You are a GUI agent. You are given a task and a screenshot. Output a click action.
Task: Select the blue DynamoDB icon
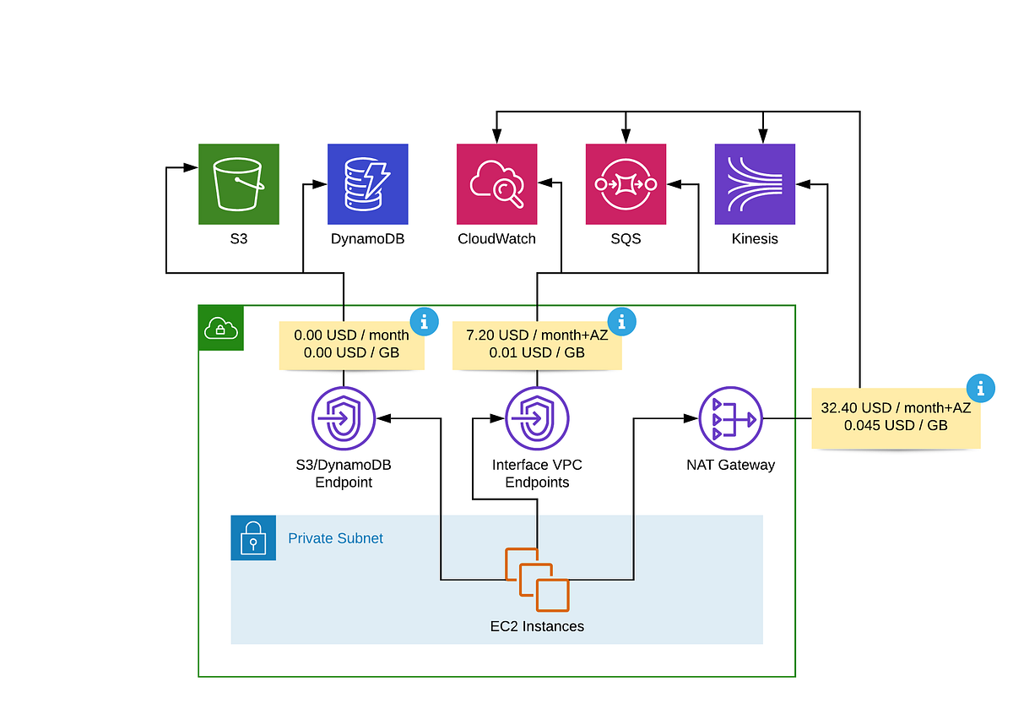pyautogui.click(x=367, y=183)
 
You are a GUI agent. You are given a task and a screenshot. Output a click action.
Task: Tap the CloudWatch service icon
pyautogui.click(x=496, y=183)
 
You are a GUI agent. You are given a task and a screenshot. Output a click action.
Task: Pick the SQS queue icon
pyautogui.click(x=626, y=183)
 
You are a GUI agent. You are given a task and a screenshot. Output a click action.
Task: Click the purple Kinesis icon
pyautogui.click(x=755, y=183)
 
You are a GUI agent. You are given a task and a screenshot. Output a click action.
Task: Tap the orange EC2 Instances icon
pyautogui.click(x=537, y=579)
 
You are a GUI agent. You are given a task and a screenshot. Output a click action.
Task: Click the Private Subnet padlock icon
pyautogui.click(x=253, y=537)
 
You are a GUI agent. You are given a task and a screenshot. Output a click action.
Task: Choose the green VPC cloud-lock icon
pyautogui.click(x=220, y=328)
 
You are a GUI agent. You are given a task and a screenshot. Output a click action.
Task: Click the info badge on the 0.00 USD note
pyautogui.click(x=425, y=321)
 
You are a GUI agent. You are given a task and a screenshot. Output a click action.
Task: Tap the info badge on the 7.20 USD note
pyautogui.click(x=622, y=321)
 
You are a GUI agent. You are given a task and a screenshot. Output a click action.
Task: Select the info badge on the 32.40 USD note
pyautogui.click(x=980, y=388)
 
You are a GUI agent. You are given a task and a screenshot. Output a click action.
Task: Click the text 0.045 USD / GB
pyautogui.click(x=895, y=425)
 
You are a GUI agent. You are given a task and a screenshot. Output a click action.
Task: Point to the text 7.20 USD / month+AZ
pyautogui.click(x=537, y=335)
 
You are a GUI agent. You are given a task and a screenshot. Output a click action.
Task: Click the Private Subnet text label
pyautogui.click(x=335, y=538)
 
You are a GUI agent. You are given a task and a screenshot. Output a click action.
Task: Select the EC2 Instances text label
pyautogui.click(x=537, y=626)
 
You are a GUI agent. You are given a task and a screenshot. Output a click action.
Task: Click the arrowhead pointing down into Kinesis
pyautogui.click(x=763, y=136)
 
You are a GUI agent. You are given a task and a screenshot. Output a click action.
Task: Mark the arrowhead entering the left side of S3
pyautogui.click(x=192, y=168)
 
